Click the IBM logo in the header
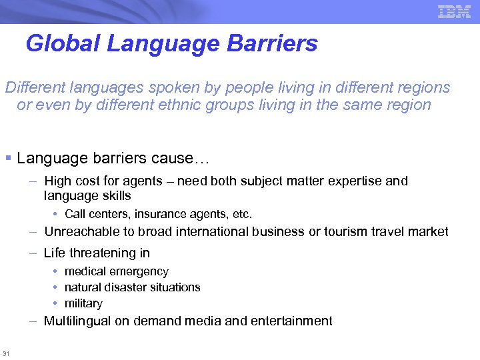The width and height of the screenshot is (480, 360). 454,11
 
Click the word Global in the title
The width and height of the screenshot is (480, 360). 63,44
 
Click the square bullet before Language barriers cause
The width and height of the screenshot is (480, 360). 8,158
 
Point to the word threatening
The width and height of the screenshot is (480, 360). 102,253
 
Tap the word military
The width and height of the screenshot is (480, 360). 83,303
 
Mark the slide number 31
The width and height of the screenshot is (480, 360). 6,353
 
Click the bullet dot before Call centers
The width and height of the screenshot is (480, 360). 57,215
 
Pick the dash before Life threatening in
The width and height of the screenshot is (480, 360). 32,253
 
